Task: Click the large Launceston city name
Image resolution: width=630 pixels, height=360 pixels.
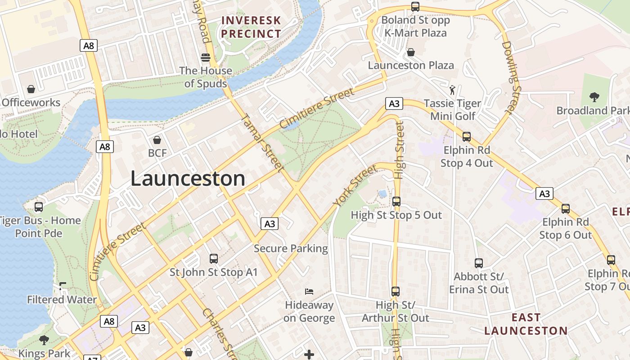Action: pyautogui.click(x=188, y=179)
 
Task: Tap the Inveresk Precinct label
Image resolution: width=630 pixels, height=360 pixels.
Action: pyautogui.click(x=251, y=27)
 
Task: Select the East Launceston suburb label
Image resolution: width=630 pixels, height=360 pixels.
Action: pyautogui.click(x=526, y=324)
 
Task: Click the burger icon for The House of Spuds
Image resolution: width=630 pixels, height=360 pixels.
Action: pyautogui.click(x=206, y=58)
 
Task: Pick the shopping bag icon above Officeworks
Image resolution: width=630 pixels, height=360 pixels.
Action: pyautogui.click(x=31, y=89)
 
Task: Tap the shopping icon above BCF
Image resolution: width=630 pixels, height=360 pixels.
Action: pyautogui.click(x=157, y=140)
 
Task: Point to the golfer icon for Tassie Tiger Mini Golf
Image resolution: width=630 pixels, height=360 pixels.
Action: pyautogui.click(x=452, y=90)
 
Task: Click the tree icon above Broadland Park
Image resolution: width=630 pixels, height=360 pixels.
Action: pyautogui.click(x=594, y=97)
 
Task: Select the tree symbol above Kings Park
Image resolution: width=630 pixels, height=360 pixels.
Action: pyautogui.click(x=44, y=340)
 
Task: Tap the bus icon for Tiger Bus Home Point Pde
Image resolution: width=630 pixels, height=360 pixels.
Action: pyautogui.click(x=39, y=207)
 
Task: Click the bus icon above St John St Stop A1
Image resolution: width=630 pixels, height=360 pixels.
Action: pyautogui.click(x=214, y=259)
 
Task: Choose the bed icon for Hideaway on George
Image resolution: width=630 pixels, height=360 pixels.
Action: pyautogui.click(x=309, y=292)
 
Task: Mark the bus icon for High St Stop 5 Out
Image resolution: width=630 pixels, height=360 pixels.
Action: pyautogui.click(x=396, y=202)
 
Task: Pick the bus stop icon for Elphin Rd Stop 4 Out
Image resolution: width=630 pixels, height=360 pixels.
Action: pyautogui.click(x=467, y=137)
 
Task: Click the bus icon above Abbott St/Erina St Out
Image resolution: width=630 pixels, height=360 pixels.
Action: pyautogui.click(x=479, y=263)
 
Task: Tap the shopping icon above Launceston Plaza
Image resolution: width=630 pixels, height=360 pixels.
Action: pyautogui.click(x=410, y=52)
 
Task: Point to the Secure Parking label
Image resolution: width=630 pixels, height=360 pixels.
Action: pyautogui.click(x=291, y=248)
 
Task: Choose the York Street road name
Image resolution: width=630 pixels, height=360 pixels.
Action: pyautogui.click(x=355, y=186)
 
